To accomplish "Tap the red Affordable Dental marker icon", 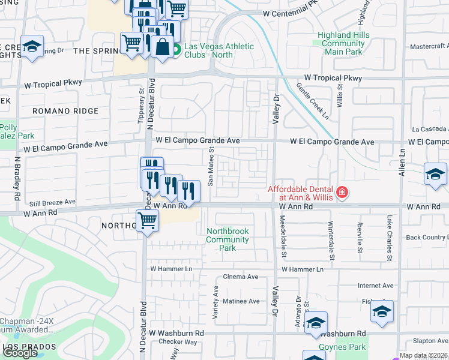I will tap(342, 193).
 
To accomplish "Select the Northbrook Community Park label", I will tap(228, 239).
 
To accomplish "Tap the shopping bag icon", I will tap(162, 46).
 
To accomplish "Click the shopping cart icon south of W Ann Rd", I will tap(147, 220).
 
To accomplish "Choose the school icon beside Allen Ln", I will tap(435, 175).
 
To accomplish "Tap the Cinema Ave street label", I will tap(240, 277).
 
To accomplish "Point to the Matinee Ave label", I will tap(241, 301).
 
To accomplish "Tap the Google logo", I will tap(20, 353).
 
